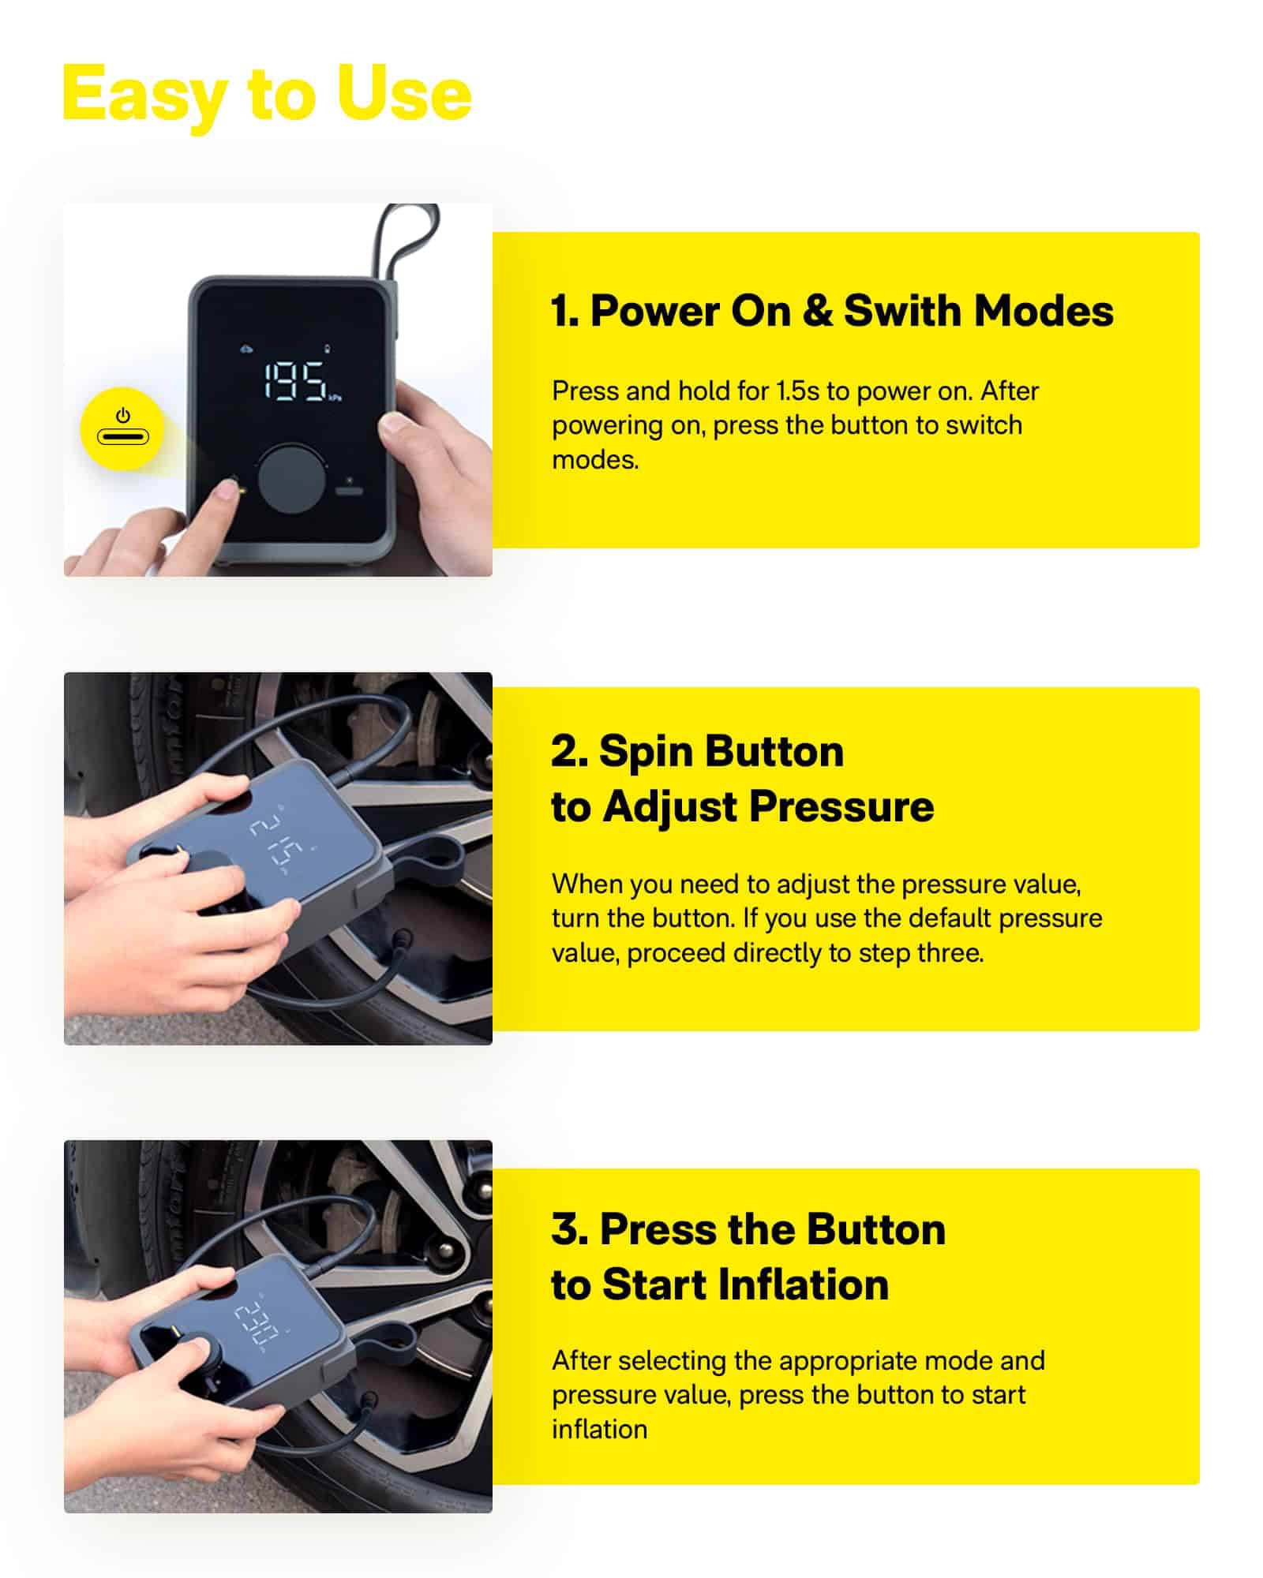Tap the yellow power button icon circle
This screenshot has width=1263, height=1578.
point(122,429)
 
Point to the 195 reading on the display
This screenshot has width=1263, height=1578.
point(294,381)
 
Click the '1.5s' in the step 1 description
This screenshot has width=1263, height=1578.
point(797,391)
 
